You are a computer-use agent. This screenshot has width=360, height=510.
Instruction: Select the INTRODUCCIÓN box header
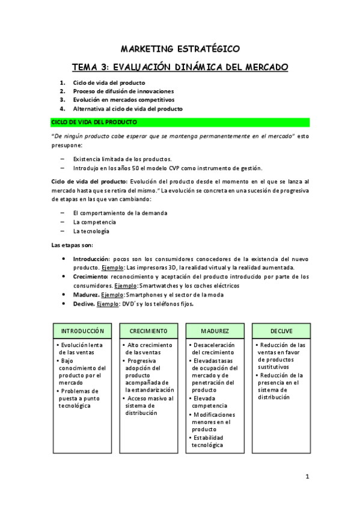click(x=83, y=331)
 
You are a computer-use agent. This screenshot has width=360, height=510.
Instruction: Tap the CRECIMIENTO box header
click(x=152, y=331)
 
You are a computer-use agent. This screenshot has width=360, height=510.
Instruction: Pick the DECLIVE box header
click(x=281, y=331)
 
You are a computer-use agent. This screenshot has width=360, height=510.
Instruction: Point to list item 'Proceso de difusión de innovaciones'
click(x=120, y=91)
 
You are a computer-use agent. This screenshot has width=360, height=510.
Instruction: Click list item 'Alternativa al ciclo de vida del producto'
click(x=127, y=109)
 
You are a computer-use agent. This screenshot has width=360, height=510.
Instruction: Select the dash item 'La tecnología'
click(x=91, y=231)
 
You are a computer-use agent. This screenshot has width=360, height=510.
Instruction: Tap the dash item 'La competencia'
click(x=94, y=222)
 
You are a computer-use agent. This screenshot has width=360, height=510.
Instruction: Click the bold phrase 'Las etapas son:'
click(x=72, y=245)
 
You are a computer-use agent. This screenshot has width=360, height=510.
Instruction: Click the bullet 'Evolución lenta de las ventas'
click(x=82, y=349)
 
